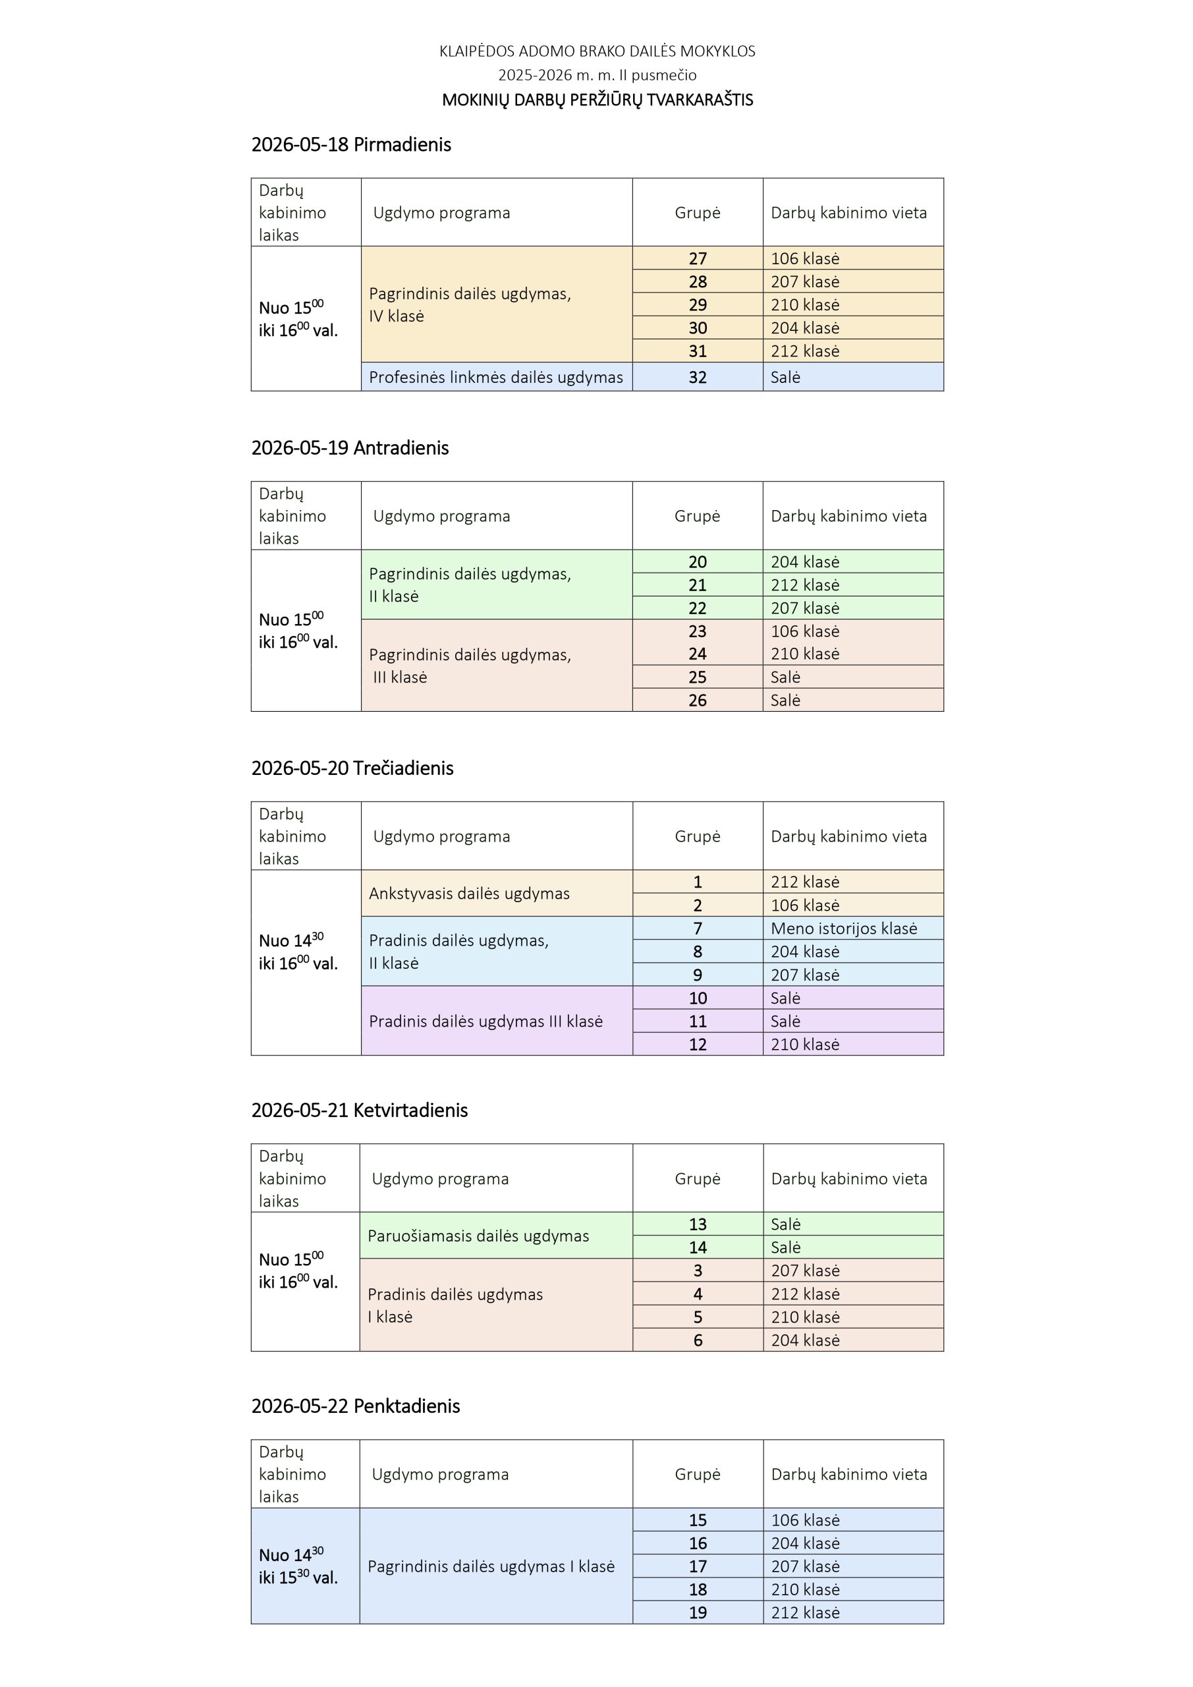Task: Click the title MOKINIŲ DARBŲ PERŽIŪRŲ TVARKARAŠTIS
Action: [x=597, y=100]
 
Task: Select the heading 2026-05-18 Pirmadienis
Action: [x=351, y=145]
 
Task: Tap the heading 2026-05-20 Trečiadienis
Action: [x=352, y=768]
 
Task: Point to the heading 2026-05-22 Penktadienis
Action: [x=356, y=1406]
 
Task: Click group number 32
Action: [x=697, y=377]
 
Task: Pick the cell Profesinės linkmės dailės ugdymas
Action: [x=496, y=377]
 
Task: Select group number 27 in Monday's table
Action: [x=697, y=258]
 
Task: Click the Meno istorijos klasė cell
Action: [x=843, y=928]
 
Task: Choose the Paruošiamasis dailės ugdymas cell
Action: [x=478, y=1236]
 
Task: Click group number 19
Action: [x=697, y=1613]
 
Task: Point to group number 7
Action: [x=697, y=928]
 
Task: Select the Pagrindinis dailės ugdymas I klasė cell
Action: [x=491, y=1566]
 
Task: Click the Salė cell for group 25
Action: [x=785, y=677]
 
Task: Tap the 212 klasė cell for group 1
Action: [x=804, y=882]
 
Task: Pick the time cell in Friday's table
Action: [x=298, y=1566]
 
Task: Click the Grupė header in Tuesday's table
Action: [x=697, y=516]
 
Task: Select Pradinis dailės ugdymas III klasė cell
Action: [x=486, y=1021]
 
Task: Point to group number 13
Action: [x=697, y=1224]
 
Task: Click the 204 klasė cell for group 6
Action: [x=805, y=1340]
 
